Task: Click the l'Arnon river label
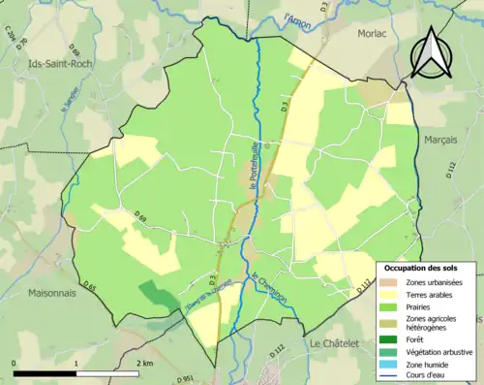pos(301,19)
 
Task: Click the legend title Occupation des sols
pos(421,268)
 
